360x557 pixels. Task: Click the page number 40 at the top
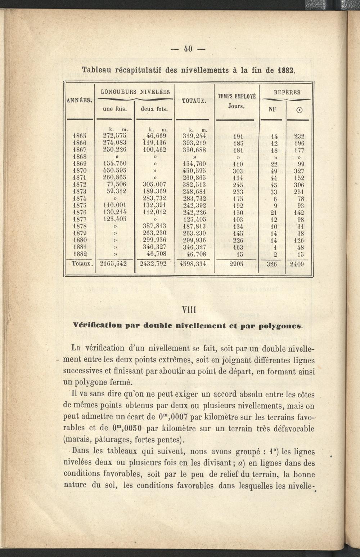click(188, 49)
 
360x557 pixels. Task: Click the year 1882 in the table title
click(287, 70)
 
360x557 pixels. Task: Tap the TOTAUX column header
click(194, 101)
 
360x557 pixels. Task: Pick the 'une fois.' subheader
click(115, 108)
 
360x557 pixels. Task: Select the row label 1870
click(80, 171)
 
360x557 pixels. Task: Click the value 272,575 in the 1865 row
click(114, 136)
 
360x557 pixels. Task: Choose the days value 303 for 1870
click(238, 171)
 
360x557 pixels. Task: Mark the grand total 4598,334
click(193, 264)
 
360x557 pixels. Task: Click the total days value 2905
click(236, 264)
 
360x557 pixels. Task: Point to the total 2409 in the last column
click(297, 264)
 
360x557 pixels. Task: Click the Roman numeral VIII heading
click(189, 310)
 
